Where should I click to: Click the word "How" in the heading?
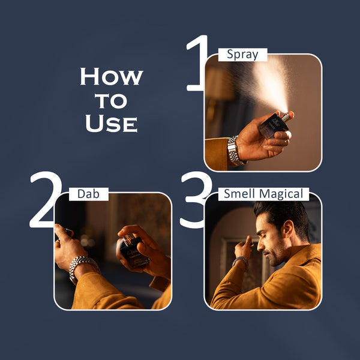tap(112, 77)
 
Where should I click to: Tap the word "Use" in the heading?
tap(112, 123)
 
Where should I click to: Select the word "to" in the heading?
tap(112, 100)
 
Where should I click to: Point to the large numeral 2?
tap(45, 200)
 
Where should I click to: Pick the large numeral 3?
tap(194, 200)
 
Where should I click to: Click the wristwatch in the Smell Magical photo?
tap(241, 262)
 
